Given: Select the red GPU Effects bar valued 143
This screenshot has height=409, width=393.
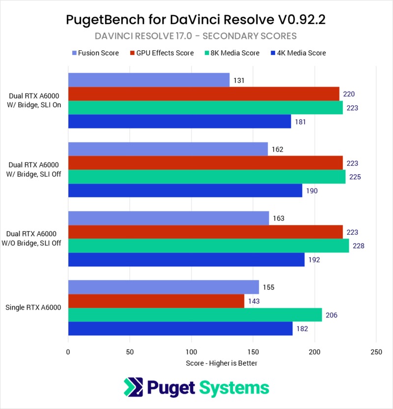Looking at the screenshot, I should [156, 301].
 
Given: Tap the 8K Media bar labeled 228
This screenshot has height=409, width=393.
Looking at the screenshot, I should [208, 246].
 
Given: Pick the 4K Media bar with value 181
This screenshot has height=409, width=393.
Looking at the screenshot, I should [179, 122].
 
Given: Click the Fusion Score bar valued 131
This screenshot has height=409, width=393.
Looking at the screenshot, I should [148, 80].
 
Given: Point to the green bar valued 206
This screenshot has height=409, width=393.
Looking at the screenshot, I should [195, 315].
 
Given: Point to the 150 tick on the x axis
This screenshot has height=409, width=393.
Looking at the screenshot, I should [253, 352].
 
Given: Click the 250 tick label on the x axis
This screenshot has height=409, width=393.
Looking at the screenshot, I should [376, 352].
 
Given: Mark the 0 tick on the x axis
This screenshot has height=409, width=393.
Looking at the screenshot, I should [68, 352].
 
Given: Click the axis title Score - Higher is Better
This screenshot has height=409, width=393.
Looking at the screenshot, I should [222, 363].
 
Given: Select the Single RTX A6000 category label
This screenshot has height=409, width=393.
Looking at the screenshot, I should [33, 308].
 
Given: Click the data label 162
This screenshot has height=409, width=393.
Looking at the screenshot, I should [277, 149].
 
